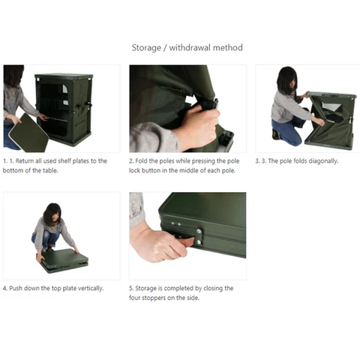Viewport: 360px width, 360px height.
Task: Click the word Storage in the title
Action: point(146,48)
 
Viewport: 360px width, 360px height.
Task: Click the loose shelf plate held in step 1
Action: point(29,133)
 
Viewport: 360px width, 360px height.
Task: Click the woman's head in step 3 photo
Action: point(287,79)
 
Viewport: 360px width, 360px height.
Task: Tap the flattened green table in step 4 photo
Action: point(64,260)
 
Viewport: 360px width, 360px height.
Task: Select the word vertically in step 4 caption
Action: point(91,289)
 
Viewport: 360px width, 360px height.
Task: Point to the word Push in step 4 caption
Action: point(16,288)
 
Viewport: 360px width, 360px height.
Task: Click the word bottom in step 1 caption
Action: point(11,170)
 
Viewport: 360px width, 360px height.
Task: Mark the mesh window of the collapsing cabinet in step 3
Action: point(331,107)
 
